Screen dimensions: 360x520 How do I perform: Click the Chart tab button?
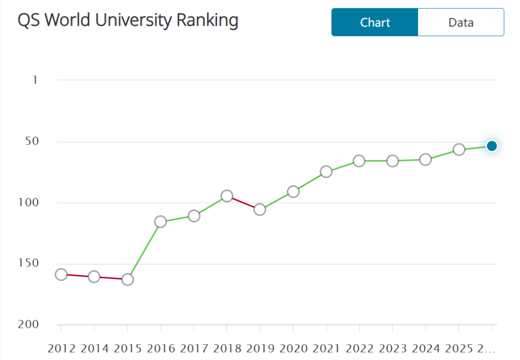[375, 22]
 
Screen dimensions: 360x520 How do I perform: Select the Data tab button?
[461, 22]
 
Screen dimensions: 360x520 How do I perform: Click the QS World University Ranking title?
[128, 21]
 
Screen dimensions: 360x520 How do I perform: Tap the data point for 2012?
[61, 274]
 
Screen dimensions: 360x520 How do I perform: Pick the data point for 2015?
[128, 279]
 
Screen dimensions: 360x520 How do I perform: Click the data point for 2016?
[160, 221]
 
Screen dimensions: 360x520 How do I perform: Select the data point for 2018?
[227, 196]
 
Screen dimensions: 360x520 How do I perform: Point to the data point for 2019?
[260, 209]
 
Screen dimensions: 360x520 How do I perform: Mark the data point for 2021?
[326, 171]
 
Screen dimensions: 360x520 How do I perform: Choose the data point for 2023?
[392, 161]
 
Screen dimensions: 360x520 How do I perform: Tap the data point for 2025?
[459, 150]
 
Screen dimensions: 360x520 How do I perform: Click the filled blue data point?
[492, 146]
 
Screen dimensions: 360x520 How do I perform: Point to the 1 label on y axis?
[35, 80]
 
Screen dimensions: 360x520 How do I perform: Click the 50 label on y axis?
[32, 141]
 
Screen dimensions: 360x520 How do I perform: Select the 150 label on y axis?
[29, 263]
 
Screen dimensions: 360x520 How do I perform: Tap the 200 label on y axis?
[29, 324]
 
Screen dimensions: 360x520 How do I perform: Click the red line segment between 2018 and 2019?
[243, 203]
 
